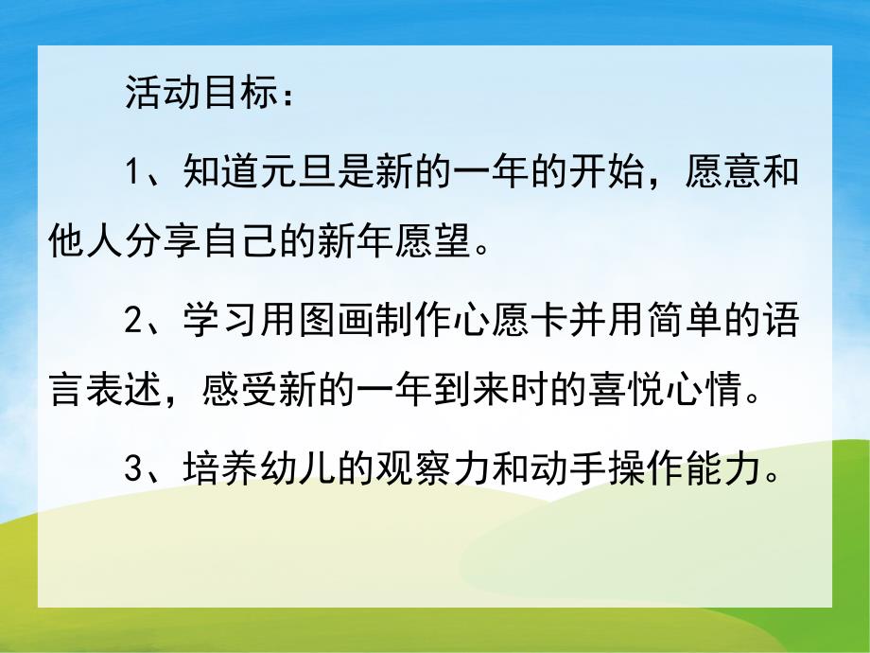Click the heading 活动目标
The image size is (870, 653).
click(200, 95)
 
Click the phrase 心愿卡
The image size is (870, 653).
click(511, 323)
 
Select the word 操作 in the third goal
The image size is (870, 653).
click(646, 470)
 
